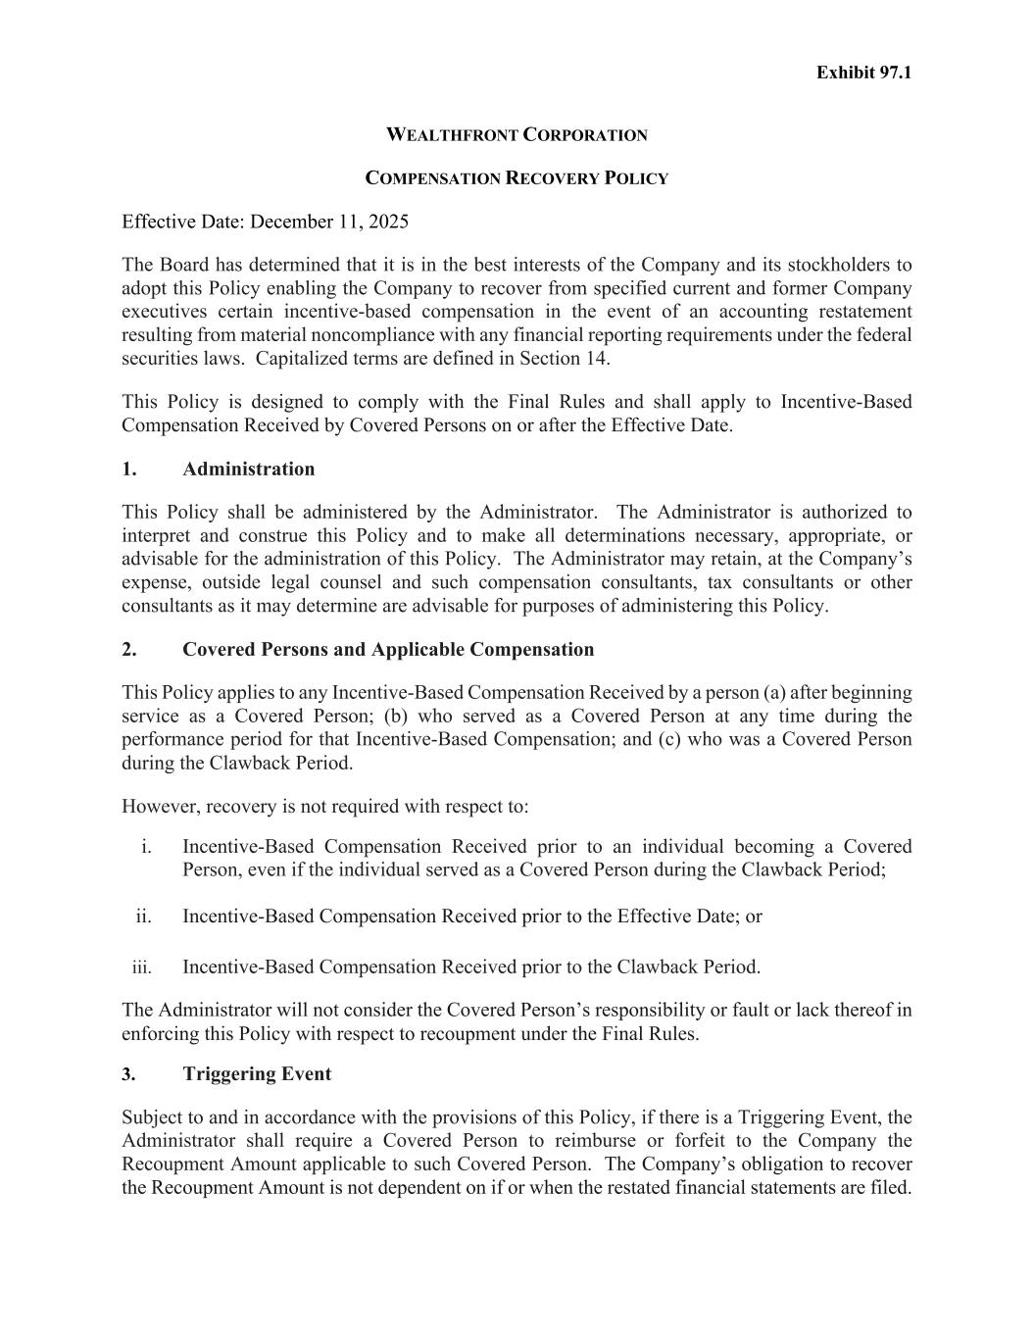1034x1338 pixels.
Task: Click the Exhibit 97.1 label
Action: tap(863, 73)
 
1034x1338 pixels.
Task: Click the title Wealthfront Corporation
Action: tap(517, 135)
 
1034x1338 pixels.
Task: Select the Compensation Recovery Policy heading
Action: tap(517, 178)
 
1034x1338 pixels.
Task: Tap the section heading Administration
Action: tap(249, 469)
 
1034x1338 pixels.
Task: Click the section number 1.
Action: tap(128, 469)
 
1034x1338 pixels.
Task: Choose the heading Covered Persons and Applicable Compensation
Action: tap(388, 649)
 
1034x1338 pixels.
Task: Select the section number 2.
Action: tap(128, 649)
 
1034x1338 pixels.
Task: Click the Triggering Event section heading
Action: tap(257, 1073)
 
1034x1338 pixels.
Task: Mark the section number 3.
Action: tap(128, 1073)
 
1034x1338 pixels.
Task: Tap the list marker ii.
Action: tap(143, 916)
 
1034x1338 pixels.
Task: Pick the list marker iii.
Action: tap(141, 966)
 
